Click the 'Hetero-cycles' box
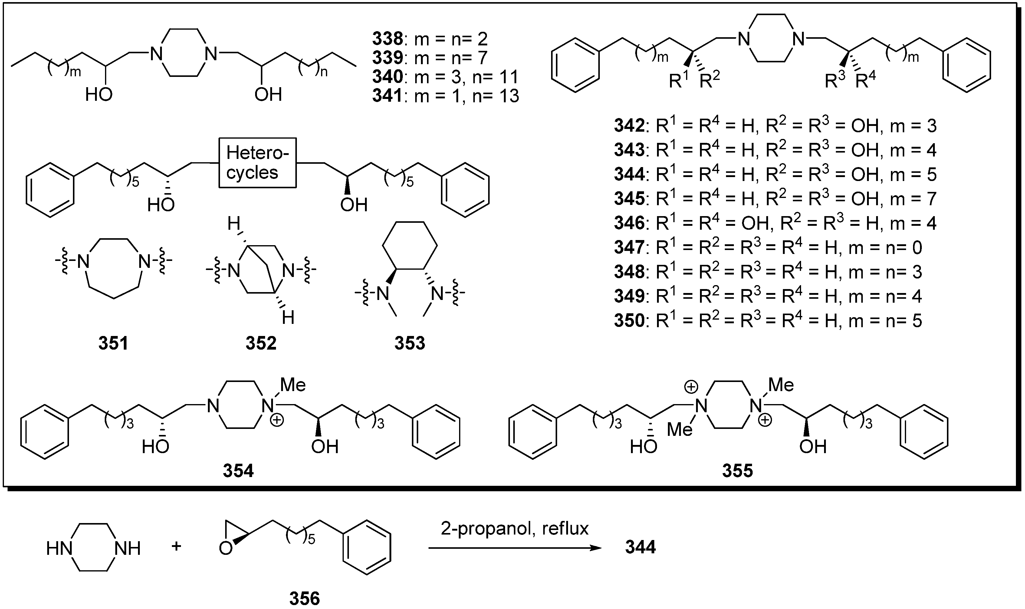point(257,163)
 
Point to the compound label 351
point(113,343)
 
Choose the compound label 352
point(261,343)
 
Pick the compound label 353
point(409,343)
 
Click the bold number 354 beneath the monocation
point(238,471)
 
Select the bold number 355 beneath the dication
point(738,471)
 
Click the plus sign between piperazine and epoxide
point(176,546)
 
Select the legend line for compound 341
point(446,96)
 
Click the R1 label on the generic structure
point(678,81)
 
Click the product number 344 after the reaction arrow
point(640,548)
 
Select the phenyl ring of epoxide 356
point(366,548)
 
